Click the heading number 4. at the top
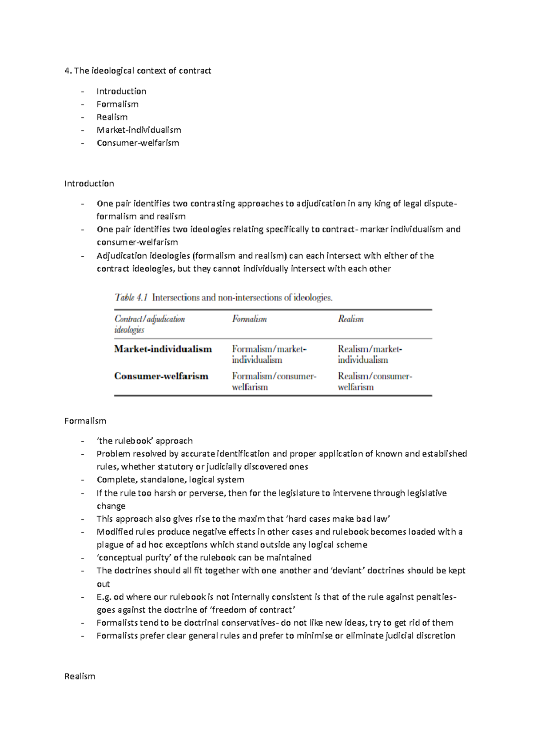pyautogui.click(x=68, y=71)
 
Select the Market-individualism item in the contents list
pyautogui.click(x=139, y=130)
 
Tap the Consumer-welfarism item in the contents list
pyautogui.click(x=138, y=143)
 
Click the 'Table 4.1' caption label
pyautogui.click(x=131, y=298)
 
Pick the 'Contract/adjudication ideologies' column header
pyautogui.click(x=149, y=324)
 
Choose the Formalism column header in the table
pyautogui.click(x=249, y=319)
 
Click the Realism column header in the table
pyautogui.click(x=350, y=319)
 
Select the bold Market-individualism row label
pyautogui.click(x=163, y=349)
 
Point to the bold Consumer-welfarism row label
pyautogui.click(x=161, y=376)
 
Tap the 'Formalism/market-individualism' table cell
pyautogui.click(x=268, y=354)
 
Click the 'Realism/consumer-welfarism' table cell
pyautogui.click(x=374, y=381)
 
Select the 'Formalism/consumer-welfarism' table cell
pyautogui.click(x=273, y=381)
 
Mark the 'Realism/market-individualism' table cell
pyautogui.click(x=369, y=354)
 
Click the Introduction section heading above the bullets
pyautogui.click(x=89, y=183)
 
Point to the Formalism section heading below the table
pyautogui.click(x=85, y=421)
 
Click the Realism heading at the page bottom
pyautogui.click(x=80, y=676)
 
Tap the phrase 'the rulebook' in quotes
pyautogui.click(x=125, y=441)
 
